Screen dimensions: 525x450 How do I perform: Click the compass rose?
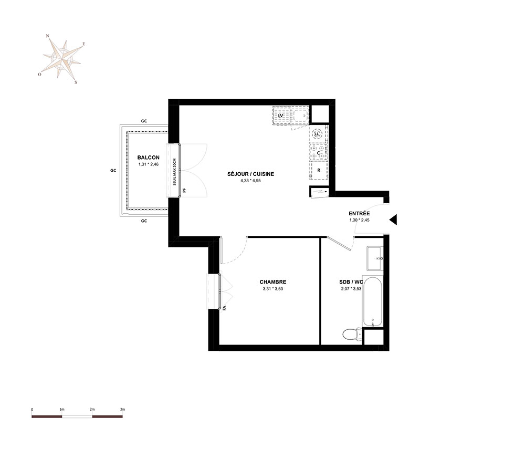(x=62, y=59)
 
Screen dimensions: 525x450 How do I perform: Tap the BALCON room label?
(x=149, y=158)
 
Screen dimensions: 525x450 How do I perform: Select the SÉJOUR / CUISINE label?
(x=250, y=174)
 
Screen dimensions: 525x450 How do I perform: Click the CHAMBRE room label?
(x=273, y=282)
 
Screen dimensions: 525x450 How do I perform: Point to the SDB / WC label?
(x=351, y=282)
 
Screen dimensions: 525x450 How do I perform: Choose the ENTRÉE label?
(x=359, y=213)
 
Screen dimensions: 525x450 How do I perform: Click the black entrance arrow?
(x=393, y=219)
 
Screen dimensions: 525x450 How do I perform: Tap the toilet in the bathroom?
(x=352, y=334)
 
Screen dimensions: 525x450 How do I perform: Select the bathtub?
(x=373, y=302)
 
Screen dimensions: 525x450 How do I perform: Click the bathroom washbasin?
(x=375, y=258)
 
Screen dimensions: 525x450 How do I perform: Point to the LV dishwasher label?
(x=281, y=116)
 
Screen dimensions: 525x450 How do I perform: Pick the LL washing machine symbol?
(x=317, y=134)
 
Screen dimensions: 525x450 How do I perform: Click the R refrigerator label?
(x=319, y=170)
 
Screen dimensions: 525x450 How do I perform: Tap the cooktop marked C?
(x=319, y=152)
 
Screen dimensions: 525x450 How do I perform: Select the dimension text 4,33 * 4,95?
(x=250, y=181)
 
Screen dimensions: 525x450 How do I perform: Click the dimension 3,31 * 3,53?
(x=273, y=289)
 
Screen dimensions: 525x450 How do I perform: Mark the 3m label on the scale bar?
(x=122, y=409)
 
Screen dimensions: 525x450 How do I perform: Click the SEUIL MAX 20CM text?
(x=174, y=172)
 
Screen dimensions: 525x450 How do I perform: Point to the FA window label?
(x=224, y=308)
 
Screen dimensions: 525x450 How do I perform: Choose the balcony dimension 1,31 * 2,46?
(x=149, y=164)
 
